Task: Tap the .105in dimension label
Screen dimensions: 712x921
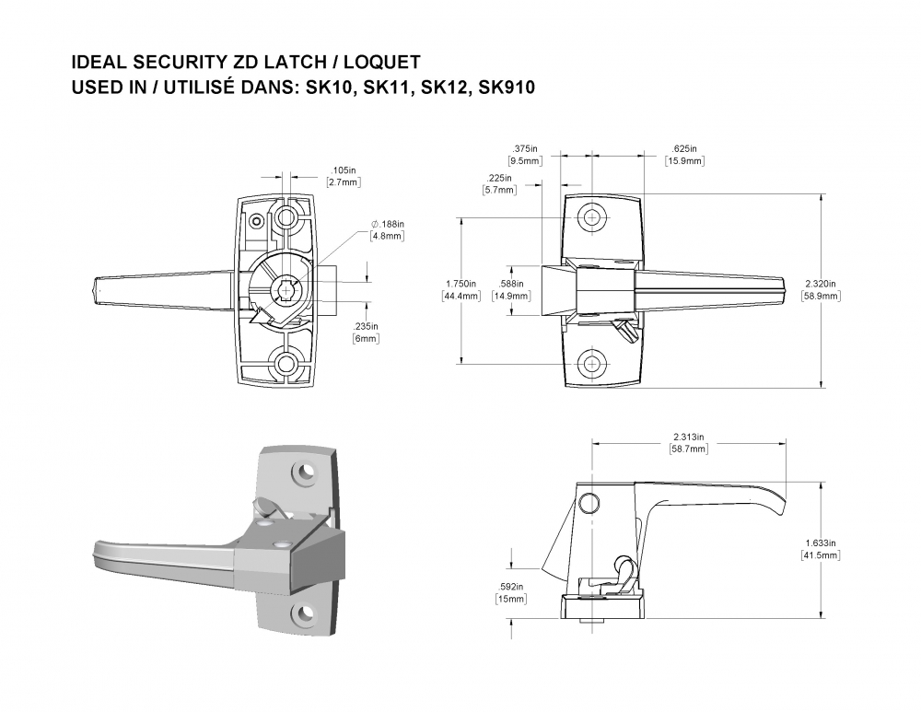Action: click(x=343, y=170)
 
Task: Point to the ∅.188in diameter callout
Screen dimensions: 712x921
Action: click(x=388, y=225)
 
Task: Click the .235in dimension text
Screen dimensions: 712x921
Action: click(x=366, y=327)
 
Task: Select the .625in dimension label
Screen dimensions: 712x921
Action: click(x=684, y=149)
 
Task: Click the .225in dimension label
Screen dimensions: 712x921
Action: click(x=499, y=179)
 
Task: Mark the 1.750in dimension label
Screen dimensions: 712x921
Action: click(x=460, y=284)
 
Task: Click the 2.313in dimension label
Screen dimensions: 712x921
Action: click(x=688, y=438)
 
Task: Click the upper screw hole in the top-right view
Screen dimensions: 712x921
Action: click(x=591, y=217)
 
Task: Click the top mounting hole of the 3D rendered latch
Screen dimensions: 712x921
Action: click(x=303, y=473)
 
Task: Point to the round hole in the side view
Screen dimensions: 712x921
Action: click(x=587, y=501)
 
